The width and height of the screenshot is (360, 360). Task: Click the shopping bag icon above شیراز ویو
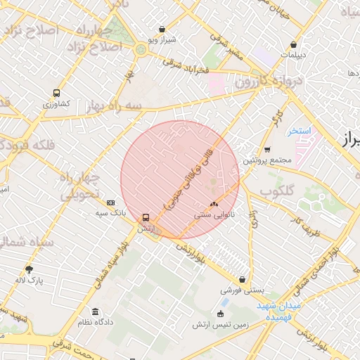tap(163, 30)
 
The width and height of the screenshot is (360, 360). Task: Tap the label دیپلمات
tap(293, 54)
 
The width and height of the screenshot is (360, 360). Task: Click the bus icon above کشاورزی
tap(56, 93)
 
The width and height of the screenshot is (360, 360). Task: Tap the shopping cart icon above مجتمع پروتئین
tap(267, 149)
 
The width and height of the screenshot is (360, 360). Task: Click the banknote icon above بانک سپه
tap(110, 202)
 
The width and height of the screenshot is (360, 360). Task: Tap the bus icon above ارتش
tap(146, 217)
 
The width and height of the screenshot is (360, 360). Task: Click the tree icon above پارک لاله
tap(29, 269)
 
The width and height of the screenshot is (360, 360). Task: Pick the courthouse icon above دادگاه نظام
tap(95, 311)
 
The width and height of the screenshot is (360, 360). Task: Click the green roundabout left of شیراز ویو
tap(141, 49)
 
